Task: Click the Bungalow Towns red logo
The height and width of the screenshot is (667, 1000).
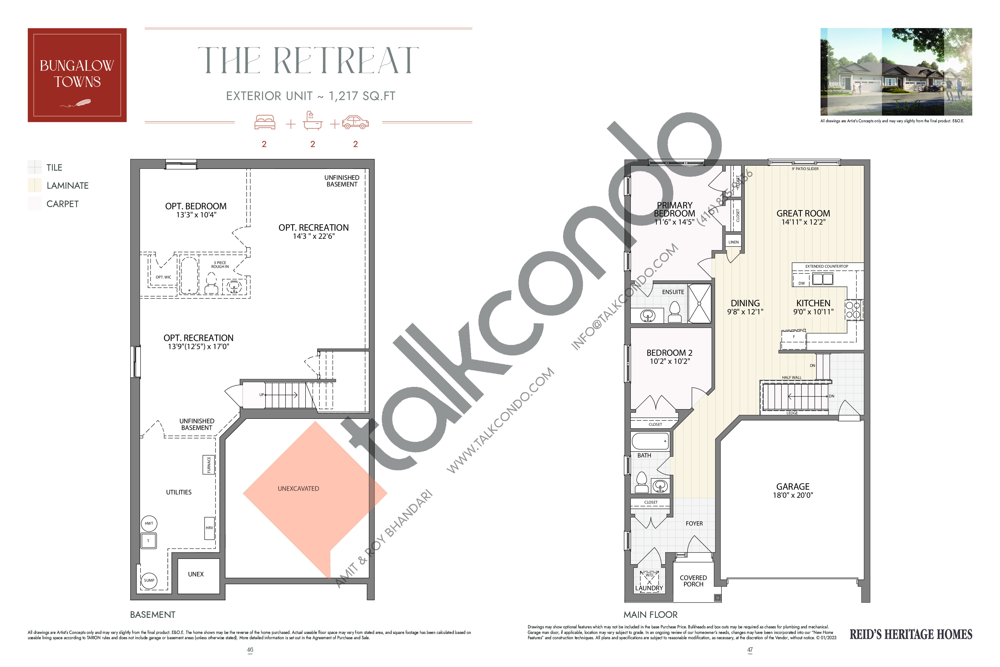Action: coord(77,75)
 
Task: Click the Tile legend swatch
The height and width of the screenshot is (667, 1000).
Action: coord(34,167)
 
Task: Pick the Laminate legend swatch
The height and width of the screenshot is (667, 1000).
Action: coord(34,185)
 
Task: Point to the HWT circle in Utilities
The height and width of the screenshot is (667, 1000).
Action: coord(149,523)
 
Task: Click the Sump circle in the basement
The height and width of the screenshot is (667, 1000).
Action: coord(149,580)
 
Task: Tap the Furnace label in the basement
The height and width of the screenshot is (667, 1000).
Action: coord(209,464)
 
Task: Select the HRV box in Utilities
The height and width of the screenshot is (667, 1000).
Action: coord(209,528)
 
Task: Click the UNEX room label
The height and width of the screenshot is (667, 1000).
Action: coord(196,574)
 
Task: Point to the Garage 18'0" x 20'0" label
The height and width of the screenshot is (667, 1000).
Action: coord(792,491)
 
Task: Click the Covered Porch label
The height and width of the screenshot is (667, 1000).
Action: coord(693,581)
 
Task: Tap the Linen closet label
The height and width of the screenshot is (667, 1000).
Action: coord(733,242)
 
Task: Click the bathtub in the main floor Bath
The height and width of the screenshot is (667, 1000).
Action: coord(650,441)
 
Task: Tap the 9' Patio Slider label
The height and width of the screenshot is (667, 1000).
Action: coord(805,169)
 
